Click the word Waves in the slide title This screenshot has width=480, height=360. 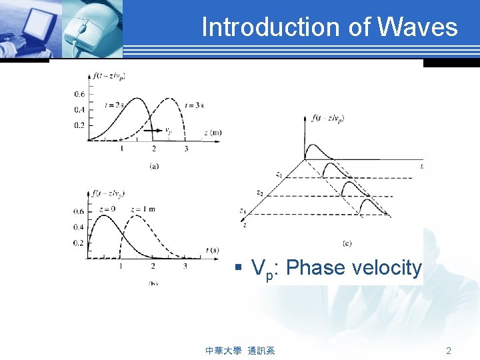click(x=418, y=27)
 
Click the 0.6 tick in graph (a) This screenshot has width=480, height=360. click(x=79, y=93)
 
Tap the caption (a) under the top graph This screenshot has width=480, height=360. click(x=154, y=166)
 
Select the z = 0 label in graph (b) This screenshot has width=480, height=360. click(x=107, y=209)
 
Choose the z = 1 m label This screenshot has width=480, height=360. click(x=143, y=209)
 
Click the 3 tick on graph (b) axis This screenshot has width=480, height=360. click(x=185, y=267)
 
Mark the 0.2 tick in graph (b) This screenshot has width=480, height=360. click(x=79, y=242)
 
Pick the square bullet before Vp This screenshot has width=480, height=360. click(x=237, y=269)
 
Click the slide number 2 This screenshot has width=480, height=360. click(x=449, y=351)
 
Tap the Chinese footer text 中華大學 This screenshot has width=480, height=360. click(x=223, y=351)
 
